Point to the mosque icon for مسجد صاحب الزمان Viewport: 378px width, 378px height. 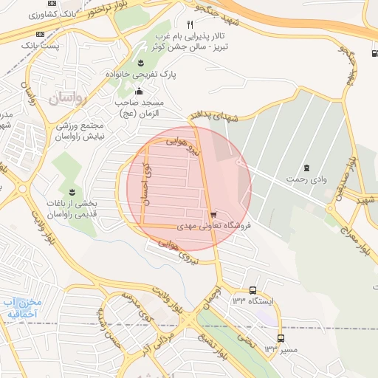140,90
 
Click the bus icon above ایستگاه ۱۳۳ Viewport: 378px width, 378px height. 253,290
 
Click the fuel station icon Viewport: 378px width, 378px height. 371,52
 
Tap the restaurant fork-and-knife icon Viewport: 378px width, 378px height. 190,24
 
